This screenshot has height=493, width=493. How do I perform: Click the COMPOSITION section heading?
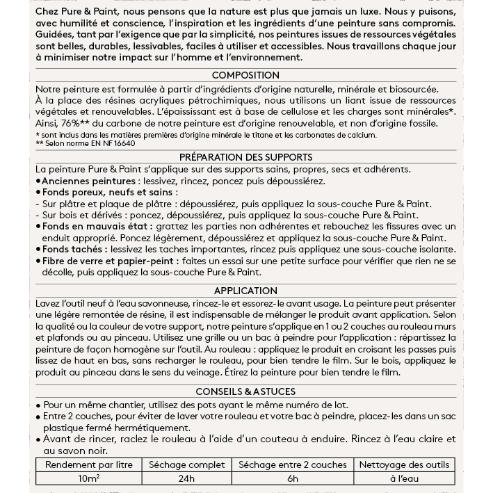[x=245, y=75]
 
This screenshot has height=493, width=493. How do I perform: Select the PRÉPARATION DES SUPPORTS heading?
[x=245, y=157]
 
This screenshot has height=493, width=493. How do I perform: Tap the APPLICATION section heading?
[x=245, y=291]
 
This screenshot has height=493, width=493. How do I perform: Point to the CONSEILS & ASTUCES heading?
[x=245, y=391]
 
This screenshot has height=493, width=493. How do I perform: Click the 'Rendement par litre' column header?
[x=88, y=464]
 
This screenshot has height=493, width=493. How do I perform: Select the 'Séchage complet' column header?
[x=186, y=464]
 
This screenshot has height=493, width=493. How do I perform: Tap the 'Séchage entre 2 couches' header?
[x=292, y=464]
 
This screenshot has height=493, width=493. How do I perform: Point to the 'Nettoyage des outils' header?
[x=404, y=464]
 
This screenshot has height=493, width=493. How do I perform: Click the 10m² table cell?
[x=88, y=478]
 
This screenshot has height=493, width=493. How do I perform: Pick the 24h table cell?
[x=186, y=478]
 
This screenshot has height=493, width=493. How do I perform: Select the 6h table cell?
[x=292, y=478]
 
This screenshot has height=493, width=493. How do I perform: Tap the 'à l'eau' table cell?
[x=404, y=478]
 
